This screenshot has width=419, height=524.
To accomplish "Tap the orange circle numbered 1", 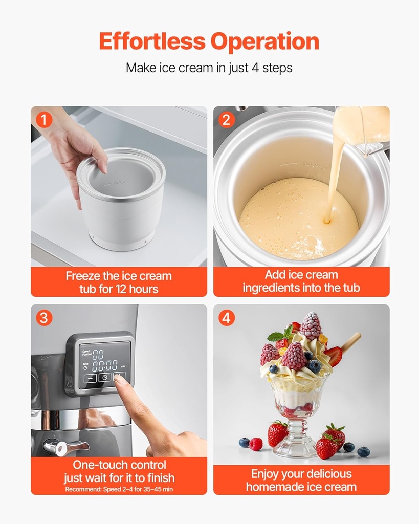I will (x=44, y=120).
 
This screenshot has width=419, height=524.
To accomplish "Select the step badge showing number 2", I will (x=227, y=120).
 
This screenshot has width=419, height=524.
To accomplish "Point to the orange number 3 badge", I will (x=44, y=318).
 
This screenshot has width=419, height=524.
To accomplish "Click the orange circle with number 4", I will (x=227, y=318).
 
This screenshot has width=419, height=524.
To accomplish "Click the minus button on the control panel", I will (x=90, y=378).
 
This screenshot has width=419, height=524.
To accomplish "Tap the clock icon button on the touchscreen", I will (x=105, y=378).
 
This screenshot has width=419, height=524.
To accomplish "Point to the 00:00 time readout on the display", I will (x=104, y=365).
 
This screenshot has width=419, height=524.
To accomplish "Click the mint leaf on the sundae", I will (x=277, y=337).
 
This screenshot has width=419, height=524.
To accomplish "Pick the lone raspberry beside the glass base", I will (x=255, y=444).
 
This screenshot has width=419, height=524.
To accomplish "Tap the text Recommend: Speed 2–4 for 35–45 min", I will (x=119, y=489).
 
